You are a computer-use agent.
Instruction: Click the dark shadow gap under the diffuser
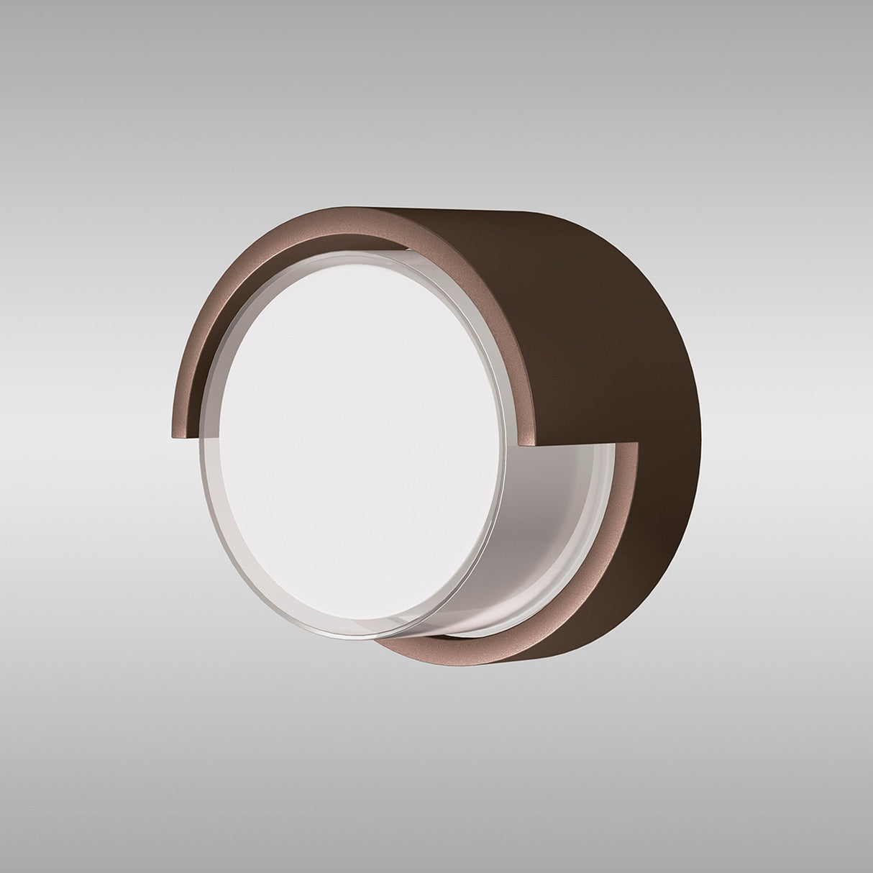pyautogui.click(x=460, y=633)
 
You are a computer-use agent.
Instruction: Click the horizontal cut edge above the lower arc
pyautogui.click(x=586, y=441)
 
